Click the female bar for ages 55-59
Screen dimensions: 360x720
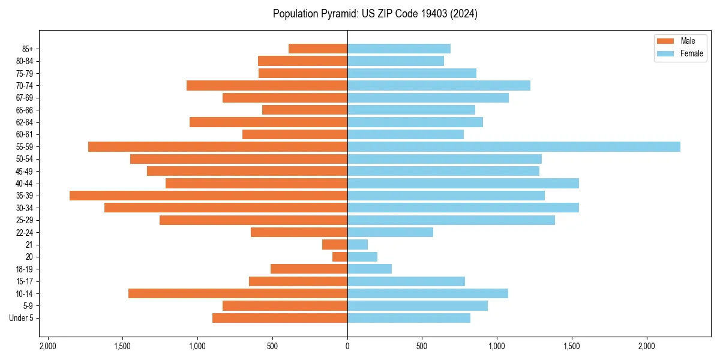click(x=514, y=147)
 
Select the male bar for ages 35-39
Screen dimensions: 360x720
click(x=208, y=196)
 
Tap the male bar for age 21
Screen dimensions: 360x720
click(x=335, y=245)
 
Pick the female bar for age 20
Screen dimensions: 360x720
click(x=362, y=257)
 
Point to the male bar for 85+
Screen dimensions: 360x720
click(x=318, y=49)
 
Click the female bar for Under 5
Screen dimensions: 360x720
click(x=409, y=318)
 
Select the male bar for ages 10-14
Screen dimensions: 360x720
click(x=238, y=293)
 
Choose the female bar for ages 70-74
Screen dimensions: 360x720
click(x=439, y=86)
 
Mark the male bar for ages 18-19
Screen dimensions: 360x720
click(x=309, y=269)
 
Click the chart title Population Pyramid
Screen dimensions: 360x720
click(x=375, y=14)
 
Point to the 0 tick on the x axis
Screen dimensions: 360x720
click(x=347, y=346)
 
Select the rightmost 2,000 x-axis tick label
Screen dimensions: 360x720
click(x=647, y=346)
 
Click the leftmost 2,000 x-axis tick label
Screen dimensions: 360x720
click(x=47, y=346)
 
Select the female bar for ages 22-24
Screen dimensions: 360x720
click(x=390, y=232)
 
